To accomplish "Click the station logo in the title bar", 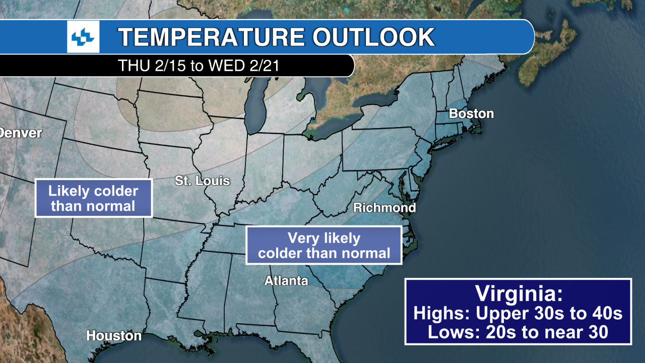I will (x=83, y=37).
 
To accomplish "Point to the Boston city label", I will (x=471, y=114).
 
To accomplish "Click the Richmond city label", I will (x=384, y=208).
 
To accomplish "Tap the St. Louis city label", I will (x=202, y=181).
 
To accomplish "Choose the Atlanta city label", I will (x=286, y=281).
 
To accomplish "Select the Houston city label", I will (x=114, y=335).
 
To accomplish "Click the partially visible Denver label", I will (x=20, y=133).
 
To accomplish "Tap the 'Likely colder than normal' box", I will (x=93, y=198).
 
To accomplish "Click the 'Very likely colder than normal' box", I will (x=324, y=245).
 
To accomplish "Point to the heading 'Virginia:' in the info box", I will (x=518, y=294).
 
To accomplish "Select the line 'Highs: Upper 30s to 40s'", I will (x=518, y=313).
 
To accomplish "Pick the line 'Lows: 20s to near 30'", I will (x=518, y=332).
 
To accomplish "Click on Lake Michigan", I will (x=255, y=108).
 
